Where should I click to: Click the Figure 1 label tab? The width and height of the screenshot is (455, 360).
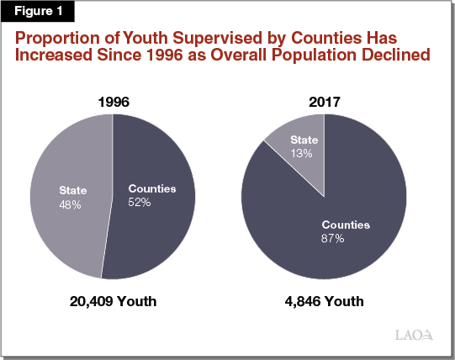coord(39,11)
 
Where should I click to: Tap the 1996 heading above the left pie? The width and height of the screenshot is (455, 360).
coord(112,103)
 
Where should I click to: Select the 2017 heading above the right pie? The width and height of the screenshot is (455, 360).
coord(324,103)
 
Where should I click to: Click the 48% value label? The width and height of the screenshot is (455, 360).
coord(69,204)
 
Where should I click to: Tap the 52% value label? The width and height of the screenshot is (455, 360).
coord(140,203)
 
